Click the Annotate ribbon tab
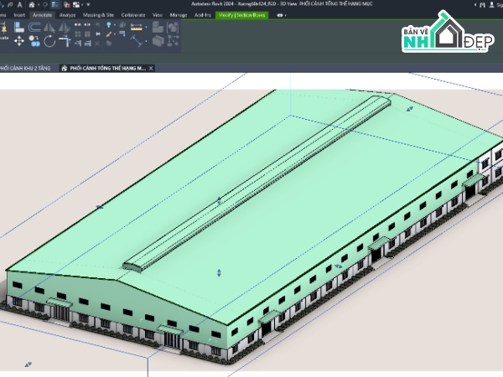pos(42,15)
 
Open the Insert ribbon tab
pos(19,15)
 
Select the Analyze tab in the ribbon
pos(67,15)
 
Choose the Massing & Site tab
pos(97,15)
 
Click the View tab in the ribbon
pos(157,15)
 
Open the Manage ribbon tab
pos(178,15)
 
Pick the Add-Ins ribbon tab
pos(202,15)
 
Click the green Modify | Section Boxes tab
pos(241,15)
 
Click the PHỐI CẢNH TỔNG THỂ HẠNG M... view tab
pos(105,68)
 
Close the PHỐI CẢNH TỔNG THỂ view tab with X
pos(152,68)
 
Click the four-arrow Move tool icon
pos(19,40)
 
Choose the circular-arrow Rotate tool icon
pos(49,40)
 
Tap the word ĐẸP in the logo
pos(479,42)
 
